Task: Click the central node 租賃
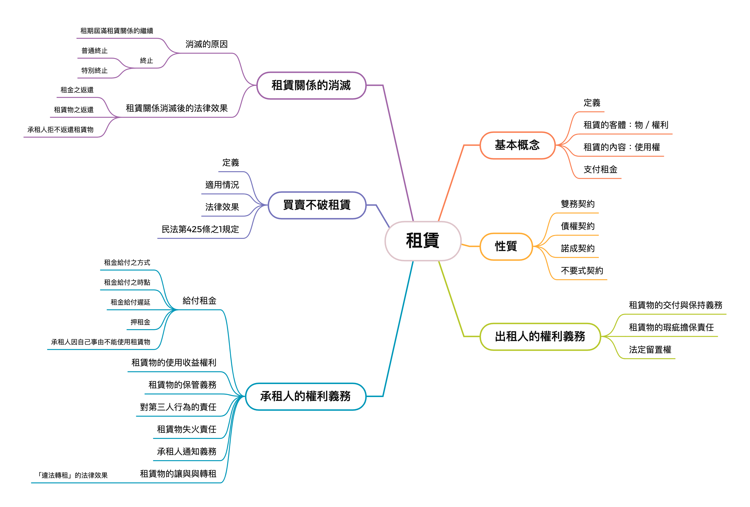click(x=423, y=241)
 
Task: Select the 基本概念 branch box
click(x=517, y=145)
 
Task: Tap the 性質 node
click(x=506, y=246)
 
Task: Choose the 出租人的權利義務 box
click(x=540, y=336)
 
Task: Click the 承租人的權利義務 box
click(x=305, y=396)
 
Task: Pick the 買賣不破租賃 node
click(x=317, y=205)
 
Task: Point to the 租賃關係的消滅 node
click(x=311, y=85)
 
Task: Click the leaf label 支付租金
click(x=600, y=169)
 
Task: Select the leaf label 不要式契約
click(x=582, y=271)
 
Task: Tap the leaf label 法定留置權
click(x=650, y=350)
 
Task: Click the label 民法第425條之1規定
click(x=200, y=229)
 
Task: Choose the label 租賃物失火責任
click(x=187, y=429)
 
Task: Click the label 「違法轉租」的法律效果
click(x=73, y=475)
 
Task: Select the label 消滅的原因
click(x=207, y=44)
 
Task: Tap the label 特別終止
click(x=94, y=70)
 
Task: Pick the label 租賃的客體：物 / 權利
click(x=625, y=125)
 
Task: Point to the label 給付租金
click(x=199, y=301)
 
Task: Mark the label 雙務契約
click(x=578, y=204)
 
